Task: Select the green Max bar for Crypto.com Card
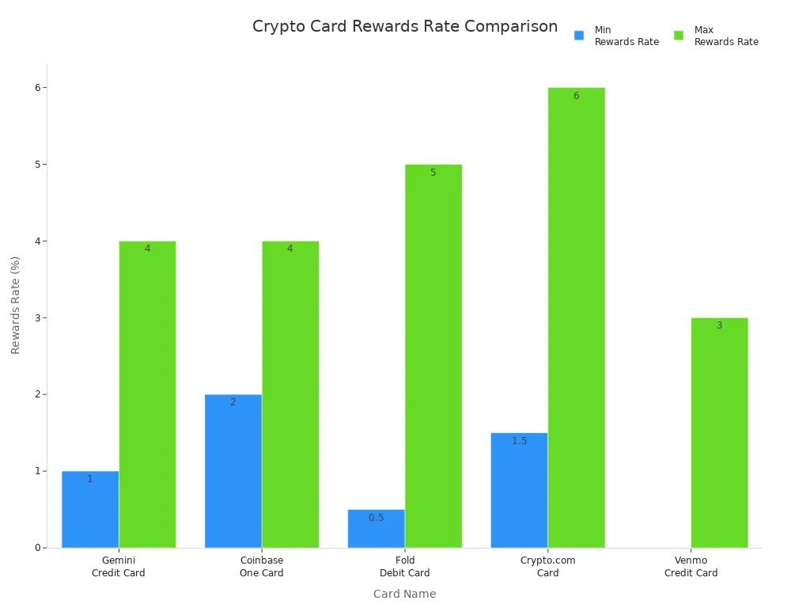576,317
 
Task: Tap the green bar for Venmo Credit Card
719,432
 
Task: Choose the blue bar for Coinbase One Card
233,471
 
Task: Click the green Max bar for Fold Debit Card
433,356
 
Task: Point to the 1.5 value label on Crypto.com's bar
519,441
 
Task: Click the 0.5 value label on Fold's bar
376,518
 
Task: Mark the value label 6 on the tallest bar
576,96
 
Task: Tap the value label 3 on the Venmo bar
719,325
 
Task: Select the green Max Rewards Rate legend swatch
679,36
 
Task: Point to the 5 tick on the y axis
38,165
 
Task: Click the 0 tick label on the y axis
38,548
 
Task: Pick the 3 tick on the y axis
38,317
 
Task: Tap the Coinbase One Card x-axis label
262,567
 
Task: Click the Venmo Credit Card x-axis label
691,567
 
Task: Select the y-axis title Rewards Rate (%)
16,305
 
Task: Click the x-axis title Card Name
404,594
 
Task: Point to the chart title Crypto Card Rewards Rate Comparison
404,27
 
